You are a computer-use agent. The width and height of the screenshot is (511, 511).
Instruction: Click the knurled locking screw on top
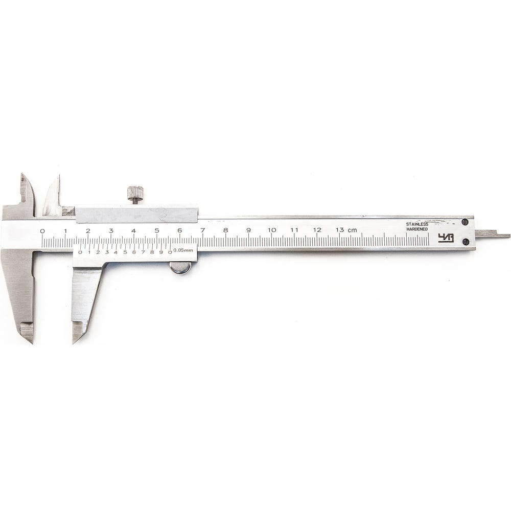click(x=135, y=193)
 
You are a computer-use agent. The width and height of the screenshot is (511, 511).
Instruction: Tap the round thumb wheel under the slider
click(x=180, y=268)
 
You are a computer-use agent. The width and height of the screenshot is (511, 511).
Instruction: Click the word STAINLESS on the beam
click(x=417, y=224)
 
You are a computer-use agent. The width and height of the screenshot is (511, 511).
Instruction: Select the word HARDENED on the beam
click(x=417, y=229)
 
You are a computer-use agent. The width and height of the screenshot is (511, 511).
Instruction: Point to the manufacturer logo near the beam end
click(x=446, y=238)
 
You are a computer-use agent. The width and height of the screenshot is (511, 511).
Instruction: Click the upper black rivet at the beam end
click(x=466, y=222)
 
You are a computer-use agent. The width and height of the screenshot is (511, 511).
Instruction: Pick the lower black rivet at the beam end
click(x=466, y=242)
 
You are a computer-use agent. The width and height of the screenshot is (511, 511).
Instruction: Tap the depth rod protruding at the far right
click(x=492, y=234)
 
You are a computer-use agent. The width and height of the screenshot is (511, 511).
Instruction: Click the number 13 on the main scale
click(x=340, y=230)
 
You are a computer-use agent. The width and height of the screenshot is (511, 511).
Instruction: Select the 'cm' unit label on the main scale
click(x=352, y=230)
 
